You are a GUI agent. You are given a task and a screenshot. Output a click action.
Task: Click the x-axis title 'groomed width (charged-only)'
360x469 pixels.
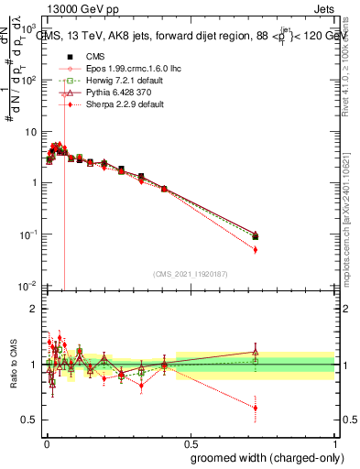tap(264, 456)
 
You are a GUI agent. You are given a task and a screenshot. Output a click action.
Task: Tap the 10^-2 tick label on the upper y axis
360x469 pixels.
tap(27, 287)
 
